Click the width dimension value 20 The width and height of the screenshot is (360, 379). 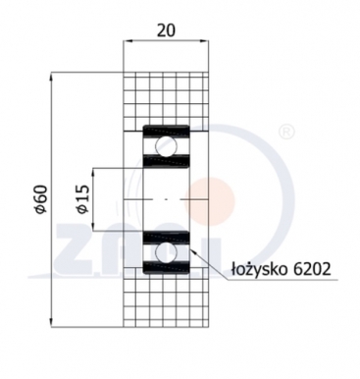pos(167,29)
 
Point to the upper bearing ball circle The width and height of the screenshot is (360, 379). pos(165,148)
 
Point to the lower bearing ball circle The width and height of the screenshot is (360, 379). pos(165,252)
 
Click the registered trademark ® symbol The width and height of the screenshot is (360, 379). pos(285,131)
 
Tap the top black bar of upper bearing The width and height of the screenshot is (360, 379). pos(165,131)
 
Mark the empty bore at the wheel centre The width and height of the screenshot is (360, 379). pos(165,200)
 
